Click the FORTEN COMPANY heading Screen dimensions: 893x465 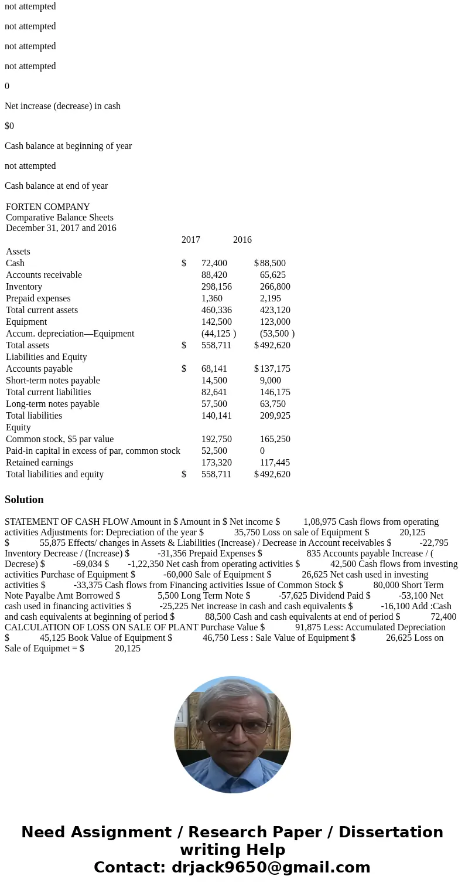click(x=47, y=207)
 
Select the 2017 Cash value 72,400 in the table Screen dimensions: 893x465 click(x=214, y=263)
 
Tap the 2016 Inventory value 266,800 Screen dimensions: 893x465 click(x=275, y=287)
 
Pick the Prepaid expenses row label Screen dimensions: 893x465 click(x=38, y=298)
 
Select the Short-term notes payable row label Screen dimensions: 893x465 click(x=53, y=381)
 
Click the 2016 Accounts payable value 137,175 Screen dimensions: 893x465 click(x=275, y=369)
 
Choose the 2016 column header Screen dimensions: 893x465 click(x=242, y=240)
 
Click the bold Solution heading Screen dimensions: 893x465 click(x=24, y=500)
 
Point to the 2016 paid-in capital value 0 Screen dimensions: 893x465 click(x=262, y=451)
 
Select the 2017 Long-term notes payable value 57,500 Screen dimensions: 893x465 click(x=214, y=404)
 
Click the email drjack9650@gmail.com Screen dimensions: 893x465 click(x=271, y=868)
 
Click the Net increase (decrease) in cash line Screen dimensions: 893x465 click(x=63, y=106)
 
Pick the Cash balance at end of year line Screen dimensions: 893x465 click(x=56, y=186)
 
